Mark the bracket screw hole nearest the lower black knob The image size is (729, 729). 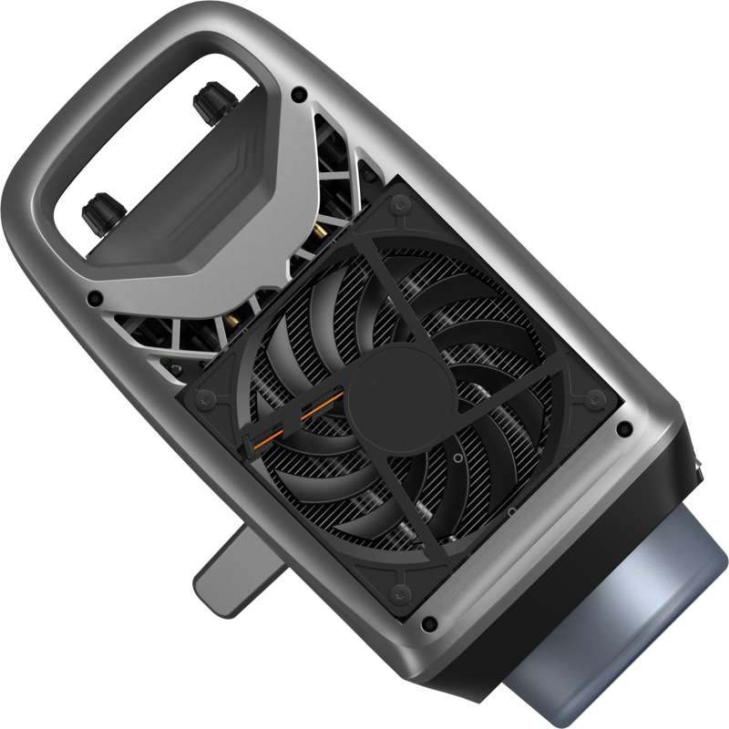pyautogui.click(x=92, y=297)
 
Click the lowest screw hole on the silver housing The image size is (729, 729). pyautogui.click(x=429, y=624)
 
